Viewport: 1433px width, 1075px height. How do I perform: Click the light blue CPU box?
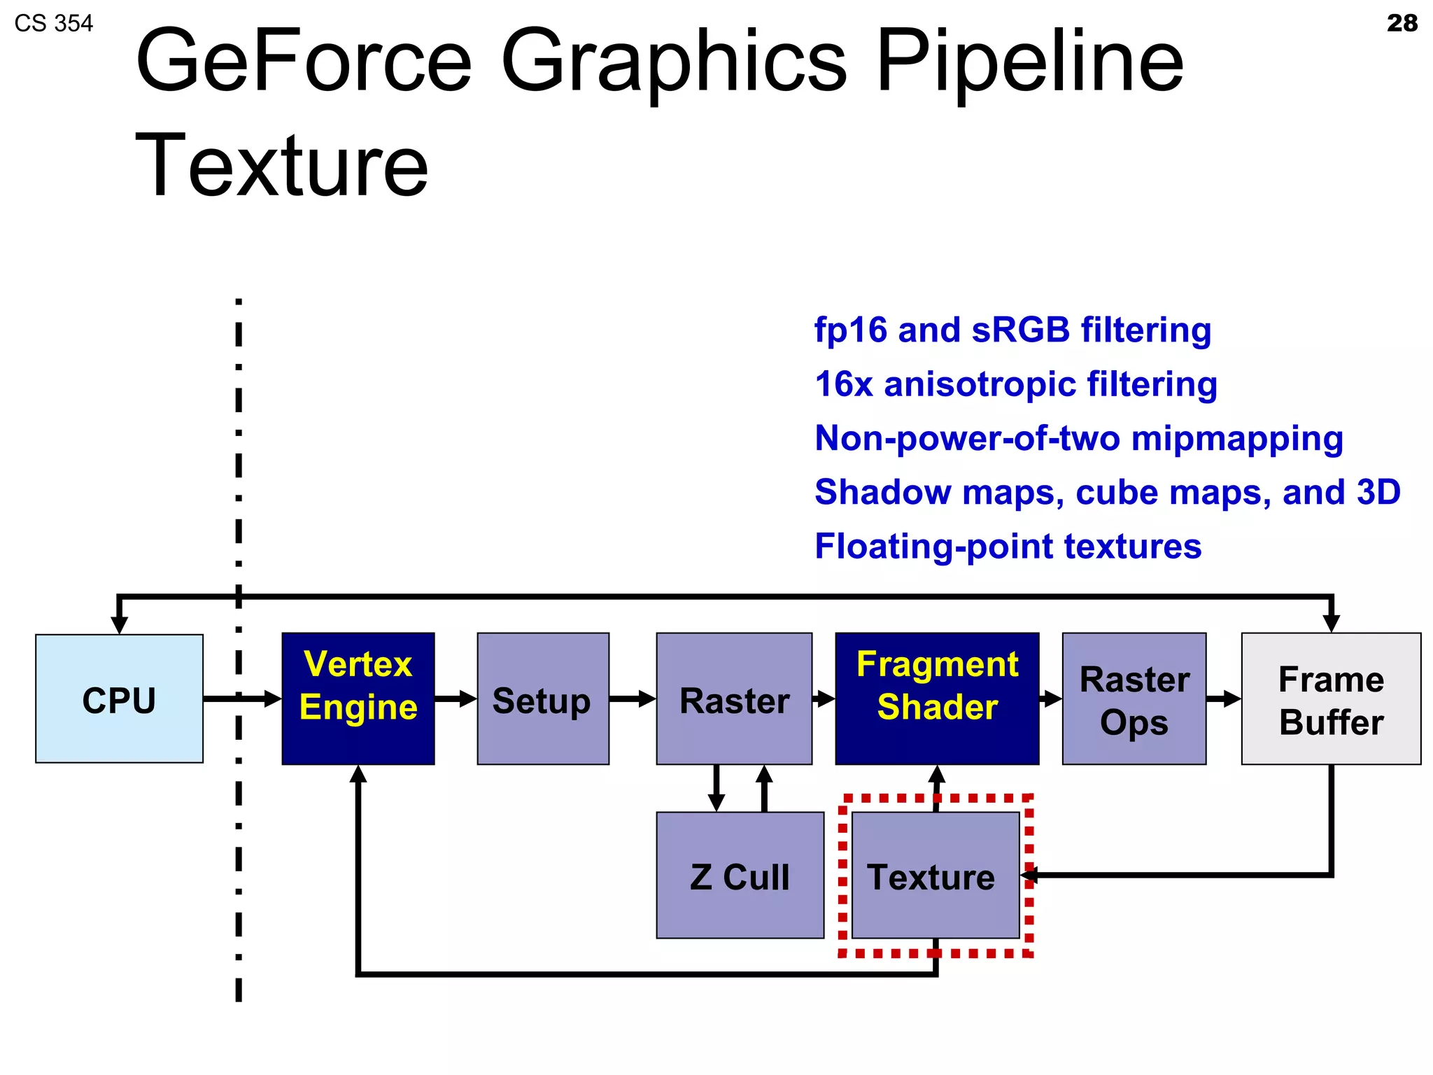[119, 698]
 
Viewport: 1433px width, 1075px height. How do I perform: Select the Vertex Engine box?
[358, 698]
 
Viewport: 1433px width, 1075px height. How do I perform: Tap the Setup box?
[542, 698]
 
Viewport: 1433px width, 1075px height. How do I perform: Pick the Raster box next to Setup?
[733, 698]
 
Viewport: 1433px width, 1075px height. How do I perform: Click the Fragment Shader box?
[936, 698]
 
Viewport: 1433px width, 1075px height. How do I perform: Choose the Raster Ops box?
[1134, 698]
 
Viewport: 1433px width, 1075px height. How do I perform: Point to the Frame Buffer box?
[1330, 698]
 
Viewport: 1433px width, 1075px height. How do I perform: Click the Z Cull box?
[740, 875]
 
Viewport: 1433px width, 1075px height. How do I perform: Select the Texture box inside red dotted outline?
[935, 875]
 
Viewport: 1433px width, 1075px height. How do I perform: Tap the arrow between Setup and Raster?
[633, 698]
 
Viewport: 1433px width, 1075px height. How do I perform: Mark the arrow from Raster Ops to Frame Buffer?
[1224, 698]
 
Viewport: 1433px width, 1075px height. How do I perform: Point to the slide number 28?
[1402, 23]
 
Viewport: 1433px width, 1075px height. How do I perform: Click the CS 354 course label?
[53, 24]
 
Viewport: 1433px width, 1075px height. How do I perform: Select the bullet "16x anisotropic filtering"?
[1015, 384]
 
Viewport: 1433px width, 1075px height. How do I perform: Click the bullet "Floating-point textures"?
[1008, 547]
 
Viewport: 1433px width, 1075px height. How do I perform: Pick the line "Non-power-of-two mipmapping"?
[1078, 439]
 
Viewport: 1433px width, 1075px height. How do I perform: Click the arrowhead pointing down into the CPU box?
[120, 624]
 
